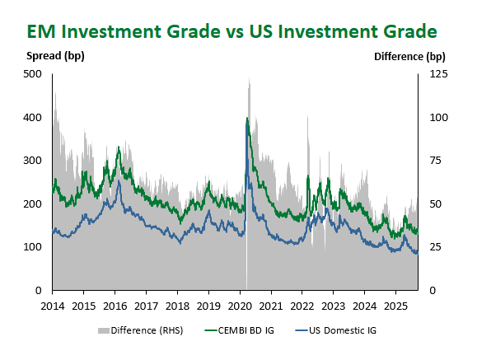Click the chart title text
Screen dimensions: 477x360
(231, 31)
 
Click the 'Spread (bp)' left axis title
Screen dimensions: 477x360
(55, 56)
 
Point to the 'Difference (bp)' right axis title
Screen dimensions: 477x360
(409, 57)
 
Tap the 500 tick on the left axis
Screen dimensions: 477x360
(32, 74)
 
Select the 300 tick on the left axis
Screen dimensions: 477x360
(32, 161)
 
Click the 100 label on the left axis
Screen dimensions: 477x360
(32, 247)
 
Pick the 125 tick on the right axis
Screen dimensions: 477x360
(438, 74)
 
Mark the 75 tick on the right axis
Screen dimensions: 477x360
(435, 161)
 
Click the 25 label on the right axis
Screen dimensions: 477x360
(435, 247)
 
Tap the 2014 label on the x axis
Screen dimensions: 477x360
(53, 306)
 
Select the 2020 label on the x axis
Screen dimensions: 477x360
(240, 306)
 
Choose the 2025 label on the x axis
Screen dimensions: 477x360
(395, 306)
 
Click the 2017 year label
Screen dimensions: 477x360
(147, 306)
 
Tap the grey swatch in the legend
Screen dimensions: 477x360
(104, 331)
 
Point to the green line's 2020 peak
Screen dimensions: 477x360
(247, 118)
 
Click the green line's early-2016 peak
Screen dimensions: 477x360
(119, 147)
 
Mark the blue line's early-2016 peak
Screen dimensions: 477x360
(119, 180)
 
